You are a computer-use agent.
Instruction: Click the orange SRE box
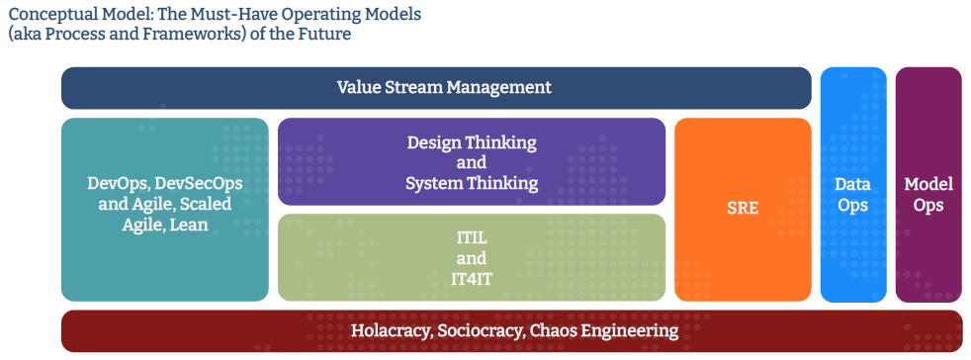(x=743, y=210)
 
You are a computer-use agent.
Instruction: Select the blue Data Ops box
(x=852, y=185)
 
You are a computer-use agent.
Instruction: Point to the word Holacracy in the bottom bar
(x=391, y=330)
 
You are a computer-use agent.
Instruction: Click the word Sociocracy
(x=480, y=330)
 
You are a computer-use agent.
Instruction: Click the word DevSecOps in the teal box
(x=198, y=184)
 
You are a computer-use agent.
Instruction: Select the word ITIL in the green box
(x=472, y=237)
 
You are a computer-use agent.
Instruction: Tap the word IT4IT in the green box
(x=472, y=278)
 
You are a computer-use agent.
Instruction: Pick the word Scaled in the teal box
(x=207, y=204)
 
